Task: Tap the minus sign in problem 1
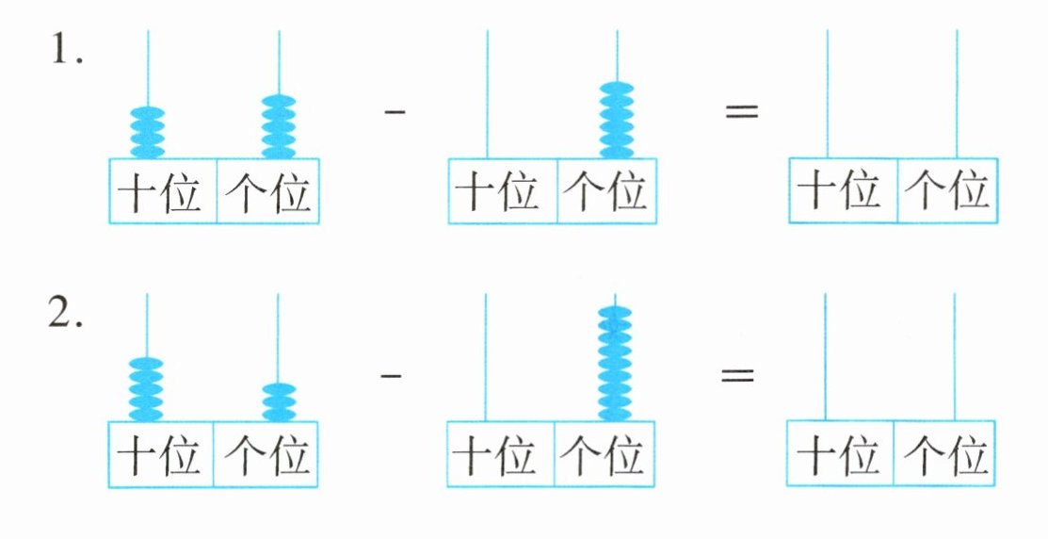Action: point(395,112)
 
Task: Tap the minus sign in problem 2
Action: point(391,374)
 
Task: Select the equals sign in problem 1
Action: point(741,112)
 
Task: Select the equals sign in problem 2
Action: point(738,374)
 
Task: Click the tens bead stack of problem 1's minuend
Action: point(147,131)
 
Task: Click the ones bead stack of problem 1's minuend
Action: point(279,125)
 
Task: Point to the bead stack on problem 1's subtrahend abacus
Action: point(618,121)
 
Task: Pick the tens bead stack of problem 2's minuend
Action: point(146,388)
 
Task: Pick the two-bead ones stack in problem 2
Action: point(278,401)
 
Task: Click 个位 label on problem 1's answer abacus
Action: point(946,192)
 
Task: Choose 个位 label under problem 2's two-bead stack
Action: point(266,455)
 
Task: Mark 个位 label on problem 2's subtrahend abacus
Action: point(603,455)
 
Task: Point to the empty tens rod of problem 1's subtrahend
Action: point(487,94)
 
